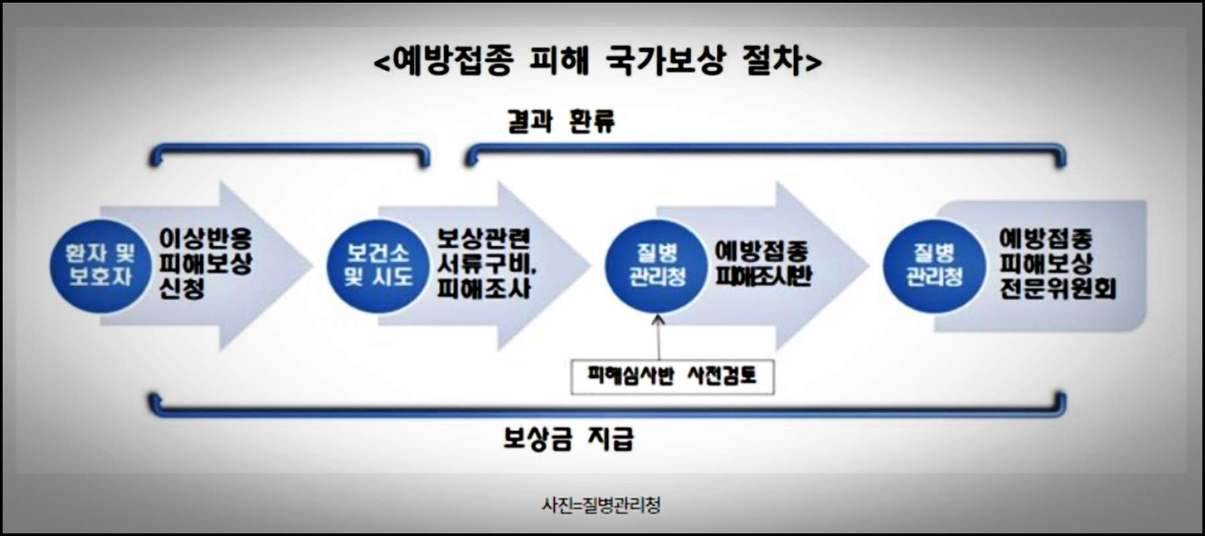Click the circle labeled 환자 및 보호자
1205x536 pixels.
100,265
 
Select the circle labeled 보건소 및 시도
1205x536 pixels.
378,265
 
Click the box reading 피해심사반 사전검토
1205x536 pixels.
672,377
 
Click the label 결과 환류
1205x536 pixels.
561,121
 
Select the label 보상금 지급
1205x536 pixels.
568,439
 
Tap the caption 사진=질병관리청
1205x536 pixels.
600,505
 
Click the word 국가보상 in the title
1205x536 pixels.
664,62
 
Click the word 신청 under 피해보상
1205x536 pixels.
181,289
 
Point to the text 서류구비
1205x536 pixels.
486,264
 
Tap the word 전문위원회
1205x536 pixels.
1057,289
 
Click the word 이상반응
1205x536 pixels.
205,239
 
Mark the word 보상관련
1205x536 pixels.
483,239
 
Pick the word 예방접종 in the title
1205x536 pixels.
453,62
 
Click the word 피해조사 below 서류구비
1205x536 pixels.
483,289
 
